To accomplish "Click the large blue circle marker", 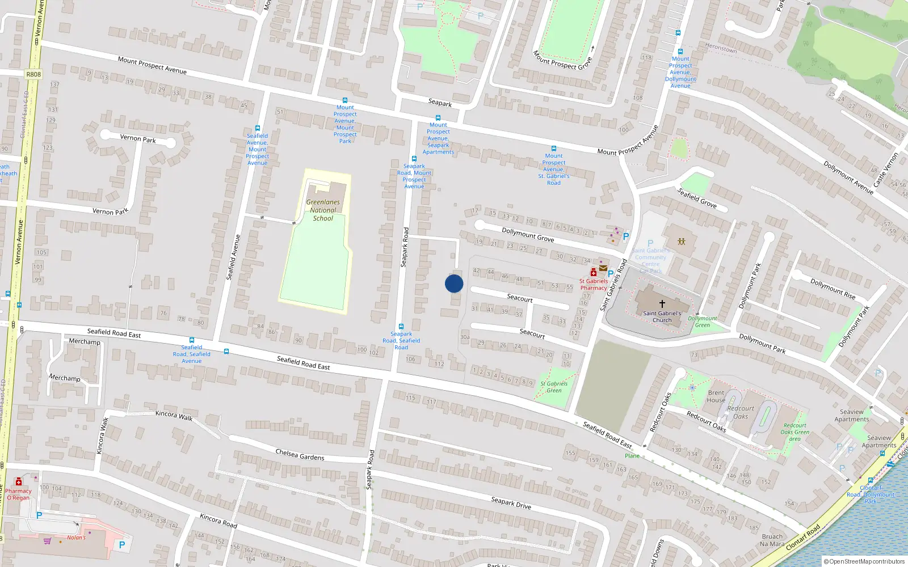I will tap(454, 283).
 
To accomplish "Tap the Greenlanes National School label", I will tap(323, 210).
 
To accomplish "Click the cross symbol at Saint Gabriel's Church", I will tap(662, 304).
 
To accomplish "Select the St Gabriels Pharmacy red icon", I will tap(594, 272).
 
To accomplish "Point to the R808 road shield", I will tap(33, 74).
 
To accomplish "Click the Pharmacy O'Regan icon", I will tap(18, 482).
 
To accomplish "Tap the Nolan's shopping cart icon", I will tap(47, 541).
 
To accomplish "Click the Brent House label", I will tap(716, 396).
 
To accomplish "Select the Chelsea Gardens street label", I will tap(300, 455).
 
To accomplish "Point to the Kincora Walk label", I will tap(174, 416).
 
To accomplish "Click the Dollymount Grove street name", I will tap(528, 234).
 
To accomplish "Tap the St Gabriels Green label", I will tap(554, 387).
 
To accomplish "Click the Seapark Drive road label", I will tap(511, 502).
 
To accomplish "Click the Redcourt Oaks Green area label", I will tap(794, 432).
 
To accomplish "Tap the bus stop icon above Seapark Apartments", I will tap(438, 118).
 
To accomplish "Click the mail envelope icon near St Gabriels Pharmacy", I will tap(603, 268).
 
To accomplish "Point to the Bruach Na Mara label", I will tap(772, 540).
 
